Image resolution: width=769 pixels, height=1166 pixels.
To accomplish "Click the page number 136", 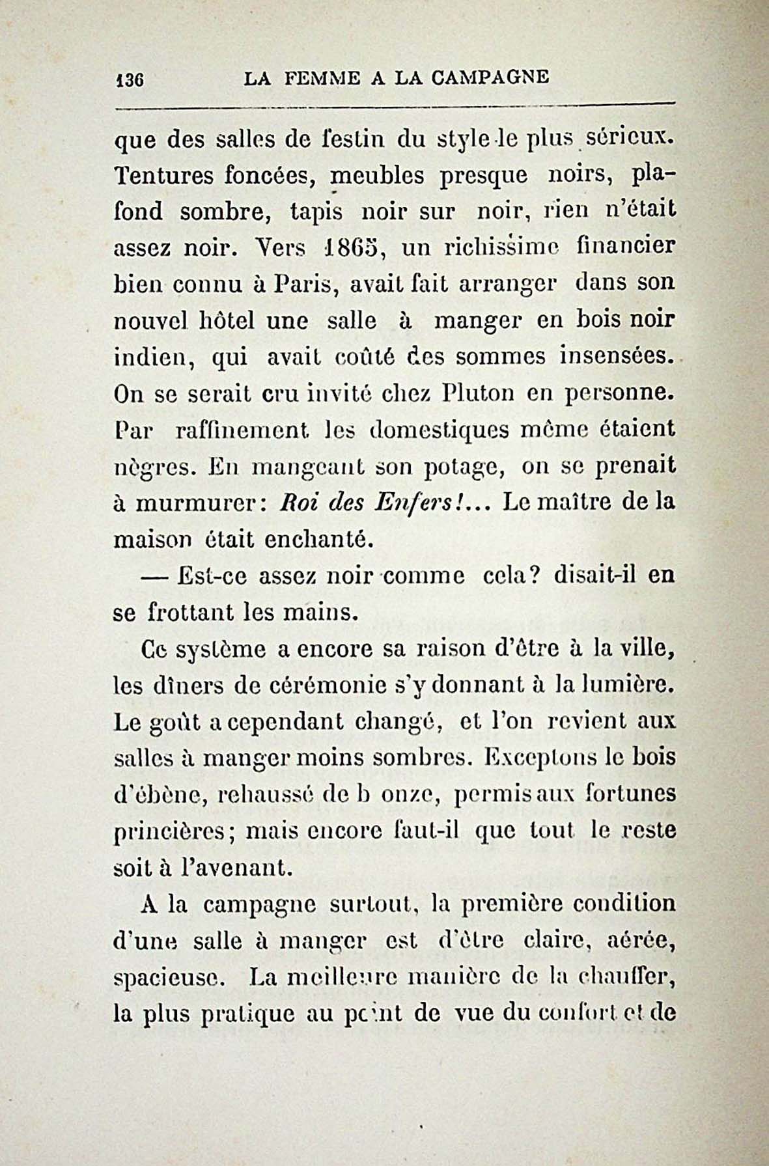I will coord(129,79).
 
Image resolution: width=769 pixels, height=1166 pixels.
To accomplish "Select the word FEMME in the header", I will coord(324,79).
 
